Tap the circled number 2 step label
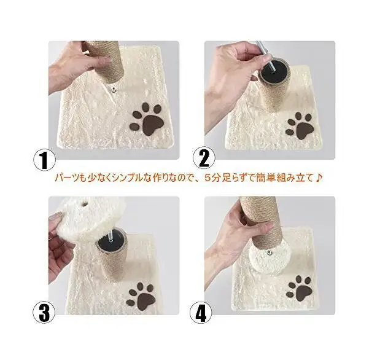[204, 157]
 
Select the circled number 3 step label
[45, 313]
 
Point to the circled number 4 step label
[201, 313]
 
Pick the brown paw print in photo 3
[141, 297]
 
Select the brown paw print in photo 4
[300, 288]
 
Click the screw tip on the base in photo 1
[113, 90]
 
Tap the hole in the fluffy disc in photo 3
[85, 205]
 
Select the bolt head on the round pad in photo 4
[269, 252]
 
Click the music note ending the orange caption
[319, 178]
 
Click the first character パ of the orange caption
[60, 178]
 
